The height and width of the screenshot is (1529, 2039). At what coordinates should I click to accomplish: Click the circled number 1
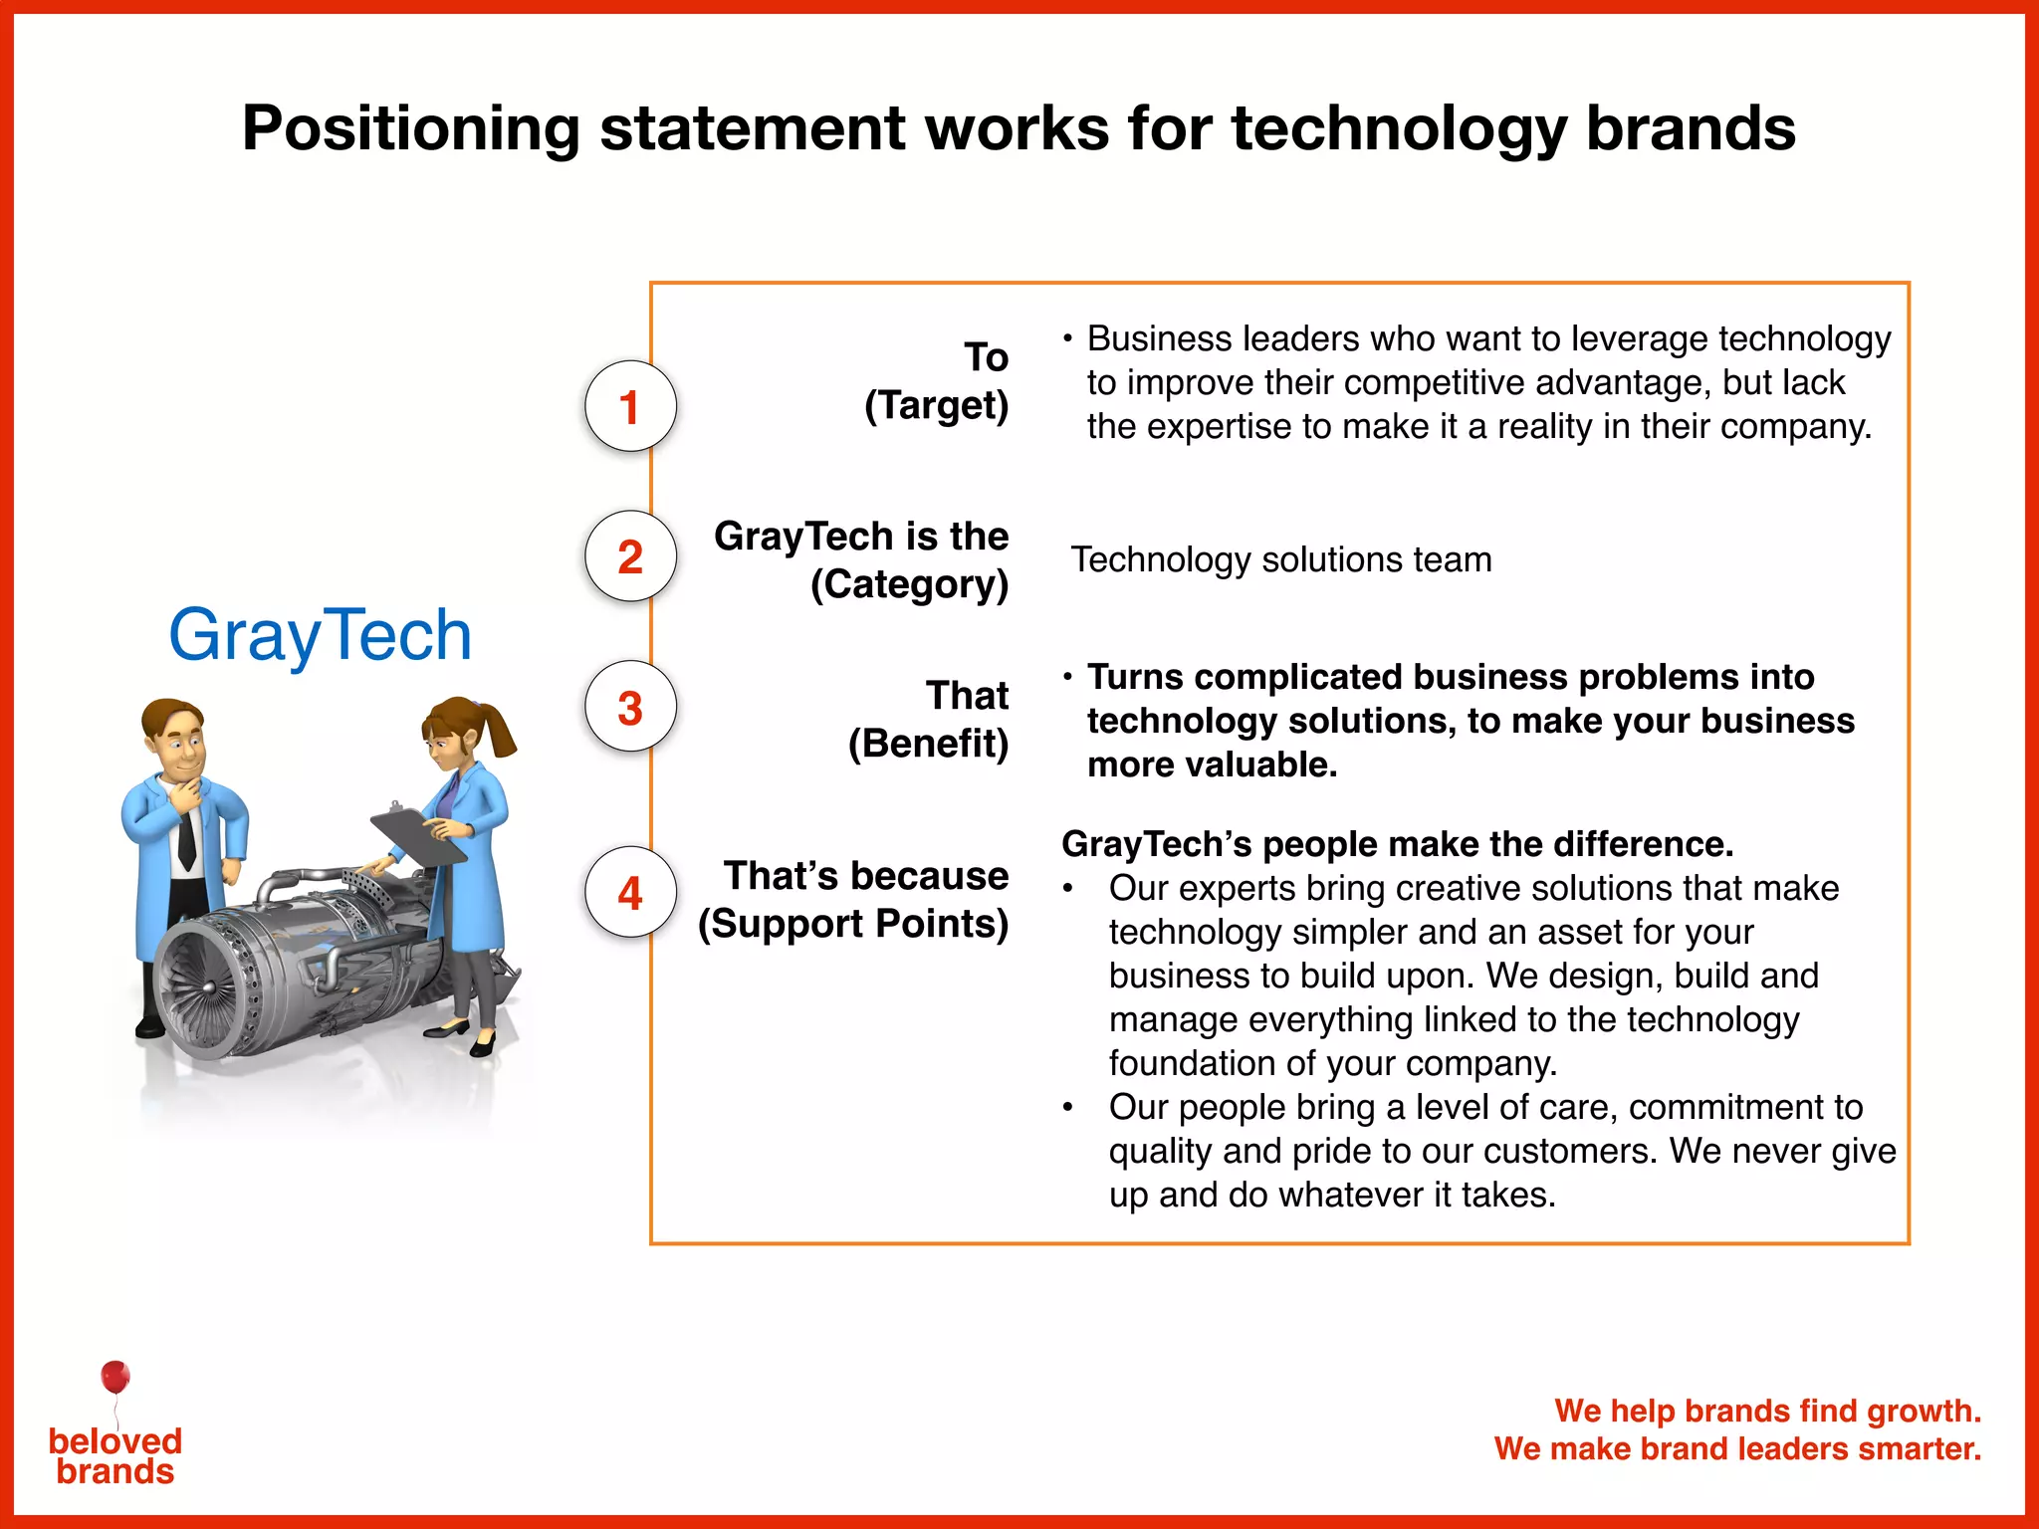coord(629,406)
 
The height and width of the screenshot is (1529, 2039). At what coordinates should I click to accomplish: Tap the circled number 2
coord(629,556)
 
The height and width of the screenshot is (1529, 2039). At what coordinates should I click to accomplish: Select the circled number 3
coord(629,708)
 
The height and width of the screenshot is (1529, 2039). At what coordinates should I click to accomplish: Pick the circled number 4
coord(629,893)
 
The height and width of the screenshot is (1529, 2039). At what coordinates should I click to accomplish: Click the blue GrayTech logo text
coord(320,635)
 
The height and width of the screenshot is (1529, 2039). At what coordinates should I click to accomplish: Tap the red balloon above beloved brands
coord(115,1377)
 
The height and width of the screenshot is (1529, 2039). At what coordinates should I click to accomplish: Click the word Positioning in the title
coord(410,129)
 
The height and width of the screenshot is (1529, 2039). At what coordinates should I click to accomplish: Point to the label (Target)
coord(936,405)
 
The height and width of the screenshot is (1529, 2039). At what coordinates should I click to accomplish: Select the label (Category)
coord(909,584)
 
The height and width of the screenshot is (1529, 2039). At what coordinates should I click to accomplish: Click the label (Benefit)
coord(928,744)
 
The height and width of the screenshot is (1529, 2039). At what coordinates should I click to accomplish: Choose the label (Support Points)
coord(853,924)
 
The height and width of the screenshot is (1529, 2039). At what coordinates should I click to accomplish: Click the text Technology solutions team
coord(1280,559)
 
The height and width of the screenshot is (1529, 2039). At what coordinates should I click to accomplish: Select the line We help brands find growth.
coord(1767,1411)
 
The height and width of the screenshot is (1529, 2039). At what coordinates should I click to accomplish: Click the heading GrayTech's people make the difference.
coord(1397,844)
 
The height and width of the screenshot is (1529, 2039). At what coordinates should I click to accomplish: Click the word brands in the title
coord(1690,129)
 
